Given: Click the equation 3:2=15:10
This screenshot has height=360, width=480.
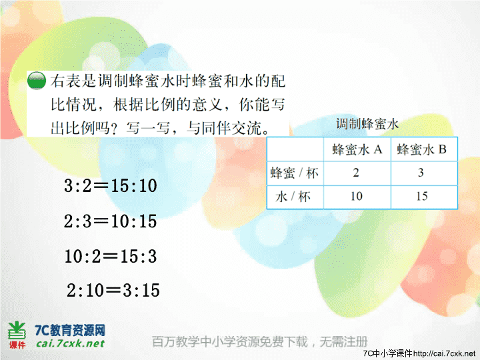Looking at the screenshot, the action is [x=111, y=185].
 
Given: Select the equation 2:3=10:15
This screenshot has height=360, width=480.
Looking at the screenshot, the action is [x=110, y=221].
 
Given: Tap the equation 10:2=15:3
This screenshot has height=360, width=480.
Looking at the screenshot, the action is [x=111, y=256].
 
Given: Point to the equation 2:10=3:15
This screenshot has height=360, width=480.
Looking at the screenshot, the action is [x=113, y=290].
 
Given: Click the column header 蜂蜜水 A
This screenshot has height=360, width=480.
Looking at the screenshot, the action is [x=357, y=149].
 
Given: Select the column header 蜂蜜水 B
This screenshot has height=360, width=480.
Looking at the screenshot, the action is [x=422, y=149].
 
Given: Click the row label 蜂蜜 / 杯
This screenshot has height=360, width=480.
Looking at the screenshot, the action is [x=294, y=173].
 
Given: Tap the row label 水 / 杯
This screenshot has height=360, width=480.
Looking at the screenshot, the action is [x=293, y=197].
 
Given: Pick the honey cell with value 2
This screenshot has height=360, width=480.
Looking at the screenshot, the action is [x=356, y=173].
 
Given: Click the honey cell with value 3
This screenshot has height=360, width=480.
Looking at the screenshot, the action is [x=421, y=173].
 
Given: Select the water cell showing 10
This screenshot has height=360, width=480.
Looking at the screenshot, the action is [x=357, y=196].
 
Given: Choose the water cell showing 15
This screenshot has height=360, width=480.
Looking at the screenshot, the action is [x=422, y=196].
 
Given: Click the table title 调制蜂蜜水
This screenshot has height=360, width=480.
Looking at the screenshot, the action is [x=367, y=124].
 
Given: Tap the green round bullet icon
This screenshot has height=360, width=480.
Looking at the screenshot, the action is [x=37, y=81].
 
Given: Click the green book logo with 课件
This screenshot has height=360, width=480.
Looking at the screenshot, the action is [x=17, y=335].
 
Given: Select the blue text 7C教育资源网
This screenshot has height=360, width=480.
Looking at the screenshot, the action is [x=70, y=330].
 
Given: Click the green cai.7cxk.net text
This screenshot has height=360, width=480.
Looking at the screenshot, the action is [x=70, y=343].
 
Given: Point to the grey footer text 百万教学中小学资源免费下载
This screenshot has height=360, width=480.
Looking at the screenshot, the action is [x=230, y=341].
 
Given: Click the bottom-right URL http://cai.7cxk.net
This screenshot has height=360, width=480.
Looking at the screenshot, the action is [x=444, y=353].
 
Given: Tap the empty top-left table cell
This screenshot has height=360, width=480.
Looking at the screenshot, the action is [x=295, y=149].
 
